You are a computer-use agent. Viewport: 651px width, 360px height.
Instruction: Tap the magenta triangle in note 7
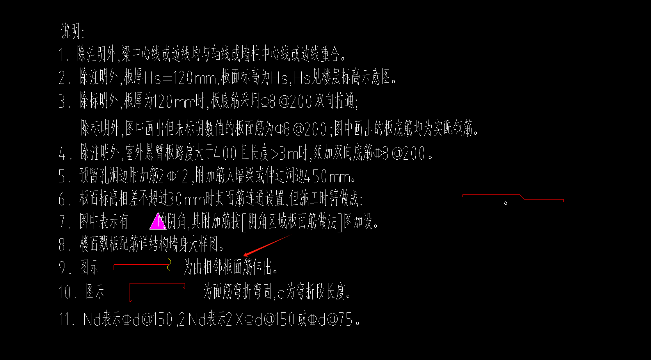coord(157,221)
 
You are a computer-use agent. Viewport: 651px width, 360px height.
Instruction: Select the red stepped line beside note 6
coord(512,196)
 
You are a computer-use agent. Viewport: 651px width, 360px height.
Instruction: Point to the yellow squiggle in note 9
coord(169,264)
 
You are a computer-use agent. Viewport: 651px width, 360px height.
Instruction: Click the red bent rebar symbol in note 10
coord(156,291)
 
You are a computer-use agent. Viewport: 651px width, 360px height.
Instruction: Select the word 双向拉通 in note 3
coord(335,102)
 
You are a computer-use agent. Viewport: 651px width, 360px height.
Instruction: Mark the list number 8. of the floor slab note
coord(64,245)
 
